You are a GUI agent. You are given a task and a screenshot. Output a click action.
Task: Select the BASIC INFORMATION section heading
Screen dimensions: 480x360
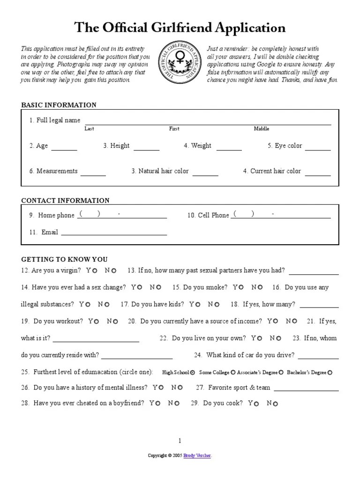tap(59, 105)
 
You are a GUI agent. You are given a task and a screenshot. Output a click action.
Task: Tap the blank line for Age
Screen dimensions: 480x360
tap(64, 149)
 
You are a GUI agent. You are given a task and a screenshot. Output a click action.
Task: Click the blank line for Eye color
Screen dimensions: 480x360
tap(318, 149)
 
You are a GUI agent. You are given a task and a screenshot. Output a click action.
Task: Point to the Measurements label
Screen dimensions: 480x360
tap(53, 171)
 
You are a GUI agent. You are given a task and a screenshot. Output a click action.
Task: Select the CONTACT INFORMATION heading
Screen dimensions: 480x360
tap(66, 201)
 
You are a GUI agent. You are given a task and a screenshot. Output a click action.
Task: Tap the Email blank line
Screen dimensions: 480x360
tap(114, 234)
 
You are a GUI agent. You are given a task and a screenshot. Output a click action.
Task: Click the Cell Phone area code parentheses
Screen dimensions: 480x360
tap(244, 214)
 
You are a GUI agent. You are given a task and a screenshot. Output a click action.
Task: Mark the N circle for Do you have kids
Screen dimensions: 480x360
tap(217, 305)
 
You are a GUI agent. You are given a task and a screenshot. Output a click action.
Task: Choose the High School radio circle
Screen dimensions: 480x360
tap(193, 373)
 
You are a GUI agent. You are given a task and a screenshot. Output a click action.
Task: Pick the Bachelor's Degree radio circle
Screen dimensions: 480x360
tap(330, 373)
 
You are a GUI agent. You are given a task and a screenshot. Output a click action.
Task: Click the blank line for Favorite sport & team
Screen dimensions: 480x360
tap(306, 390)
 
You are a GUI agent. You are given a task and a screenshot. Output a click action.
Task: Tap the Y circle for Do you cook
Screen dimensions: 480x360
tap(257, 404)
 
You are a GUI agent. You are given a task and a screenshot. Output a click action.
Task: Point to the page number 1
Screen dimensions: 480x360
tap(180, 440)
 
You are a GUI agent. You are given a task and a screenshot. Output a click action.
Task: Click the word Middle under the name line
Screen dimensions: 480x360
tap(262, 129)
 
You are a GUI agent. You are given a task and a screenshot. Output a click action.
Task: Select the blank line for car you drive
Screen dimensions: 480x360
tap(318, 358)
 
